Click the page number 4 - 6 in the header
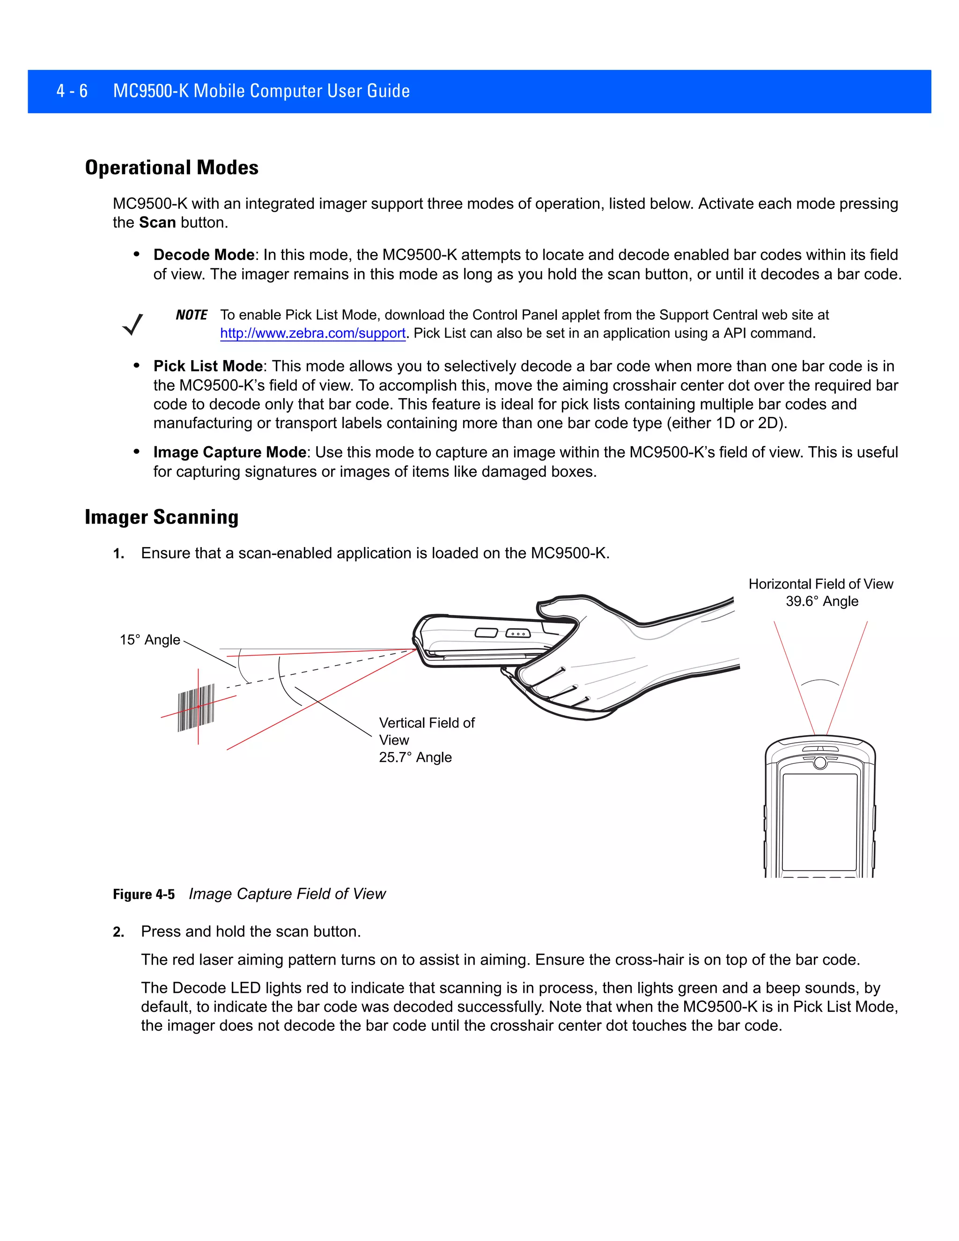(72, 91)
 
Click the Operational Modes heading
(171, 168)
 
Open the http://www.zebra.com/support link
(312, 333)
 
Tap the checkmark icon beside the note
(133, 325)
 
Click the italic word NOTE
(192, 315)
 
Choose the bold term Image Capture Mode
(229, 452)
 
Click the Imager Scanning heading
(162, 517)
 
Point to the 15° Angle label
(149, 640)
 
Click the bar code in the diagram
(196, 708)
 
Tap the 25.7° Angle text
(415, 757)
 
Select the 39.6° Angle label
(821, 601)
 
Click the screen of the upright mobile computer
(819, 821)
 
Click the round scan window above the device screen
(820, 762)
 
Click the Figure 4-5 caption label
(144, 894)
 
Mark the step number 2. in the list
(118, 932)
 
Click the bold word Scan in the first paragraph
(157, 223)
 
